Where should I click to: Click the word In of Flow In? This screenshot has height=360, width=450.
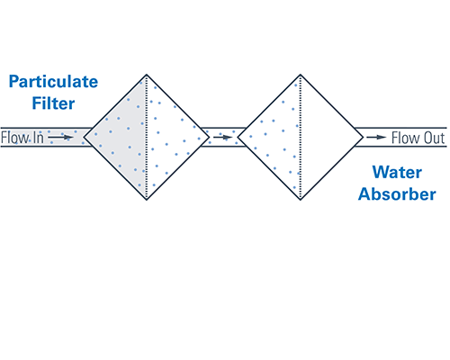pyautogui.click(x=33, y=138)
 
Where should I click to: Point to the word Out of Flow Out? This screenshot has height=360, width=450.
pyautogui.click(x=435, y=138)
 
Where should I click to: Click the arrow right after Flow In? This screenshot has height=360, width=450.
pyautogui.click(x=61, y=138)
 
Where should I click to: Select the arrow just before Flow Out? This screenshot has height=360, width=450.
pyautogui.click(x=377, y=138)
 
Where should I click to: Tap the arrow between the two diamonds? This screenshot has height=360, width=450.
pyautogui.click(x=220, y=138)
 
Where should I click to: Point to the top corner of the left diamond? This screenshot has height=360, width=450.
pyautogui.click(x=146, y=75)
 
